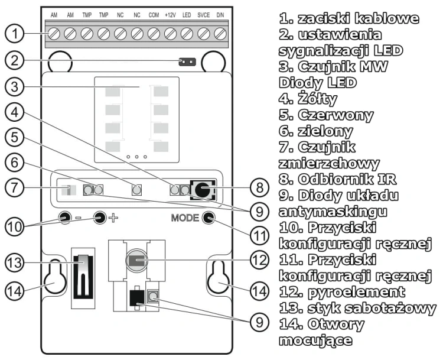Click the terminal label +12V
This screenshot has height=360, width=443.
(x=170, y=15)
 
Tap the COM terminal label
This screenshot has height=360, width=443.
(x=154, y=15)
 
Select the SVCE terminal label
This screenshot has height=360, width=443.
(x=203, y=15)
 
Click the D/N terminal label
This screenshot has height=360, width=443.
(x=220, y=15)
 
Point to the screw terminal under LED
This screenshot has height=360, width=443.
(x=187, y=34)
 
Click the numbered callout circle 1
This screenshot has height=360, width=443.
(x=14, y=34)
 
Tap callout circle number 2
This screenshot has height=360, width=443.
(x=14, y=60)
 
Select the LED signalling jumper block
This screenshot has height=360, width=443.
(x=187, y=61)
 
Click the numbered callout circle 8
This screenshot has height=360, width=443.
(x=259, y=187)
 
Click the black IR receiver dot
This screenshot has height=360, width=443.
(x=203, y=190)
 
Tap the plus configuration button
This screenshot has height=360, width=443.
(x=100, y=218)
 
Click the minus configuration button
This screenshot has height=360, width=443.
(x=65, y=218)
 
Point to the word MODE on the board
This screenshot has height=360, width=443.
(x=185, y=218)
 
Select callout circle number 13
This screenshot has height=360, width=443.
(x=14, y=262)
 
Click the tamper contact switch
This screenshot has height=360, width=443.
(x=83, y=277)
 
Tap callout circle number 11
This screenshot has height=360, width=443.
(x=259, y=235)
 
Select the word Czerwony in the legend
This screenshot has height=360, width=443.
(x=335, y=115)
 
